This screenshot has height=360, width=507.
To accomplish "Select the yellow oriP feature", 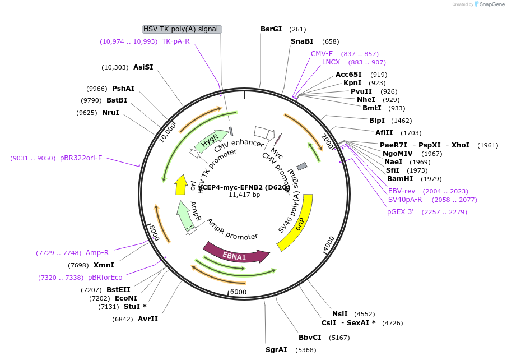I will point(296,224).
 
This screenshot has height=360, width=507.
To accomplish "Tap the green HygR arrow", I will point(210,144).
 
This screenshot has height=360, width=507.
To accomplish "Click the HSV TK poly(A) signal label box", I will point(182,29).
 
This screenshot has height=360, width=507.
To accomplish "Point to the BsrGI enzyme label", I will point(271,29).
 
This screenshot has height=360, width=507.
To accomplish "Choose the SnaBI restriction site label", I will point(302,41).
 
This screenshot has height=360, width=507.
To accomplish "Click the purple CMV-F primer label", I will point(322,54).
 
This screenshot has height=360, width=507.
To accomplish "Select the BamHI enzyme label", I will point(400,179).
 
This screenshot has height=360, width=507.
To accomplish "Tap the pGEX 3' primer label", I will point(400,212).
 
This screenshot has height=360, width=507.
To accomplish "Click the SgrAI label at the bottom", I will point(276,350).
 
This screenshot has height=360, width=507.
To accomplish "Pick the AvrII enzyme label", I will point(148,319).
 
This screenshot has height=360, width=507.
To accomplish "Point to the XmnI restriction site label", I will point(104,265).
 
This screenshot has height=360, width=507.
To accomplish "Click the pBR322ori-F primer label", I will point(81,158).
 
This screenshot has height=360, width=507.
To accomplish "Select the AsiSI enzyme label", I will point(143,67).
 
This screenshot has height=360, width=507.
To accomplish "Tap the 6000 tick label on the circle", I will point(238,292).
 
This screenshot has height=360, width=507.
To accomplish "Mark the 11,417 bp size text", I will point(244,195).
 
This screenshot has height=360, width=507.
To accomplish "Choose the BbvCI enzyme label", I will point(310,338).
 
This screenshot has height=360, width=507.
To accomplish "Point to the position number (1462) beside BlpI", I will point(402,121).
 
